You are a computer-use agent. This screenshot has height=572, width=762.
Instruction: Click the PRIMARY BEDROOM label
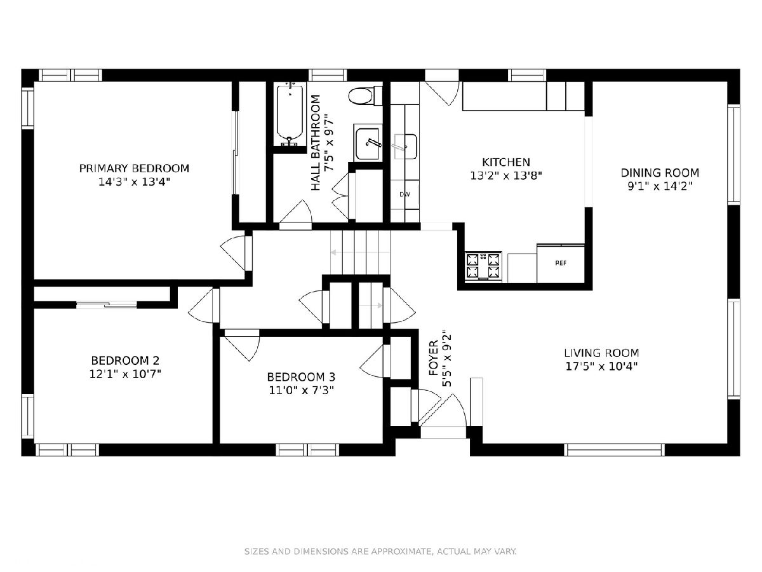[134, 168]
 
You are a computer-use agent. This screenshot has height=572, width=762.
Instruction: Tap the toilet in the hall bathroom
[365, 95]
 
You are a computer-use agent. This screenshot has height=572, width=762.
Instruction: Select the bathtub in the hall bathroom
[290, 114]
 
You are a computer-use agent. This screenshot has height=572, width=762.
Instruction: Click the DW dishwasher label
[404, 194]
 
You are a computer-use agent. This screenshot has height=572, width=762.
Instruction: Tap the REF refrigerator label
[561, 263]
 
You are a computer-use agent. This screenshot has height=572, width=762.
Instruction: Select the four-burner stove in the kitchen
[483, 266]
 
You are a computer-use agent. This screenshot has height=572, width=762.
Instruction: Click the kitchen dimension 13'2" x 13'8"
[506, 176]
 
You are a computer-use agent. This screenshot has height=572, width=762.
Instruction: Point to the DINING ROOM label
[660, 173]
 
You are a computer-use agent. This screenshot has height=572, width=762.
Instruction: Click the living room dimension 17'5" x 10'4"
[601, 367]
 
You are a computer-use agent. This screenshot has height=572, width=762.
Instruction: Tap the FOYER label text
[434, 358]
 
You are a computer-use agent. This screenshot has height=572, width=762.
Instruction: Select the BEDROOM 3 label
[301, 376]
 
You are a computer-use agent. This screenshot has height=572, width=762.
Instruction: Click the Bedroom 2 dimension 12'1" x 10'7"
[125, 374]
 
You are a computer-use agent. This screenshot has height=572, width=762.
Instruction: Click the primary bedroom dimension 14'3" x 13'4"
[134, 182]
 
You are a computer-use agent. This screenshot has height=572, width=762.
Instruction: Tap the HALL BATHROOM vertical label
[315, 143]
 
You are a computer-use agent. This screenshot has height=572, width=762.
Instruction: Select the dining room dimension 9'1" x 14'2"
[660, 186]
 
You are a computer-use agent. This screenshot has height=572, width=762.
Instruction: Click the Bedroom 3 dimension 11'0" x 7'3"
[301, 390]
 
